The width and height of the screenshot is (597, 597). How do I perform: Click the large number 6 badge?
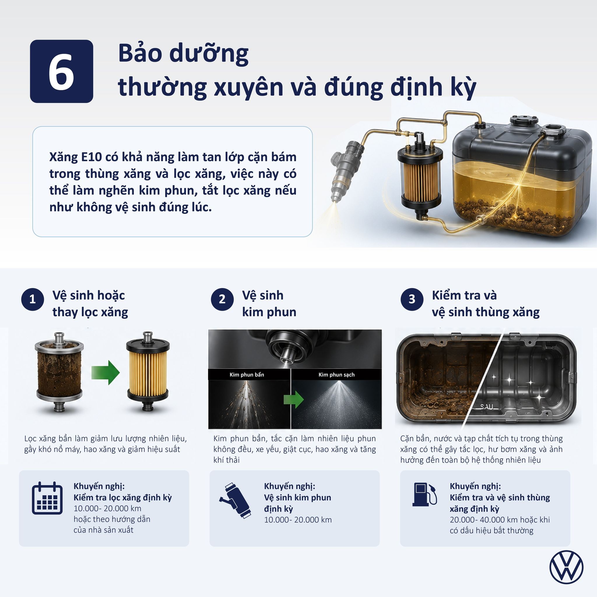[x=62, y=71]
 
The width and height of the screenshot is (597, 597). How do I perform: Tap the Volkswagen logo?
[x=566, y=567]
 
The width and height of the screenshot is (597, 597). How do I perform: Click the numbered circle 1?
[x=32, y=299]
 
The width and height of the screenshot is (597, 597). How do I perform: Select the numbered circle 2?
[x=222, y=299]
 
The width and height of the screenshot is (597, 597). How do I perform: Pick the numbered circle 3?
[x=412, y=299]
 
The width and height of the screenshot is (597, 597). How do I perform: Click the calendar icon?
[x=47, y=498]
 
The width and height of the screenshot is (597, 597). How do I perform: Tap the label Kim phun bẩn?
[x=247, y=375]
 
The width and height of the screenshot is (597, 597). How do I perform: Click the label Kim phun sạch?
[x=336, y=375]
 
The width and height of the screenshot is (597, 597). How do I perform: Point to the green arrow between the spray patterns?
[x=294, y=399]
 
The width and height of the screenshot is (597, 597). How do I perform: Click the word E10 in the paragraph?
[x=91, y=157]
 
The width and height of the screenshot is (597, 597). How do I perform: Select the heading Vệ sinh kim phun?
[x=269, y=303]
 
